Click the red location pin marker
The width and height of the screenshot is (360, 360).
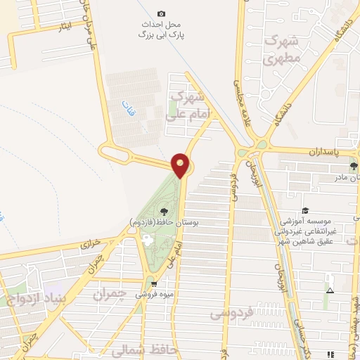pyautogui.click(x=181, y=165)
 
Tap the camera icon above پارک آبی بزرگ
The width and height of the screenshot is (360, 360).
pyautogui.click(x=161, y=13)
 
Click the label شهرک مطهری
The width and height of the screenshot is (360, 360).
pyautogui.click(x=282, y=49)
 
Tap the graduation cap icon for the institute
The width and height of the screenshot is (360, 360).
pyautogui.click(x=305, y=210)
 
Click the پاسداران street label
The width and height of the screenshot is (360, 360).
pyautogui.click(x=324, y=151)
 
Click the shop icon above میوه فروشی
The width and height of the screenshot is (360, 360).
pyautogui.click(x=154, y=284)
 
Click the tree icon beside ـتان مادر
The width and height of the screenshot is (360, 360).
pyautogui.click(x=354, y=167)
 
